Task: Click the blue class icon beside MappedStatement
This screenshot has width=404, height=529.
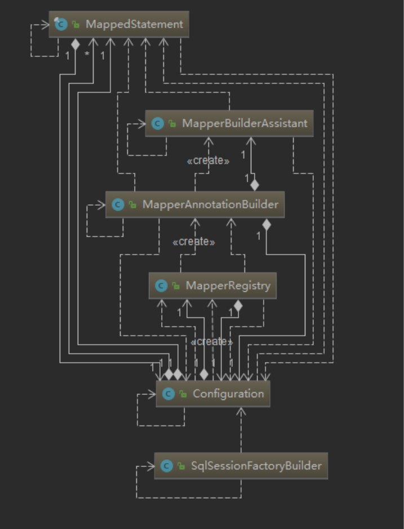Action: point(61,24)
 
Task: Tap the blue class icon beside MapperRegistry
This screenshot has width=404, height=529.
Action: point(161,286)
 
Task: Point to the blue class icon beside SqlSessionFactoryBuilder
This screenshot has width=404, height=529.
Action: point(166,466)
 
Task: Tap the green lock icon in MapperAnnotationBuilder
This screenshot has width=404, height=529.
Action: point(132,205)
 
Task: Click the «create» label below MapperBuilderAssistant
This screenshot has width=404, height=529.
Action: point(208,161)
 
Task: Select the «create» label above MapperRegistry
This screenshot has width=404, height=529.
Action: point(194,242)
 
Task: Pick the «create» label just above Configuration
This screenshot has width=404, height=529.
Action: point(211,342)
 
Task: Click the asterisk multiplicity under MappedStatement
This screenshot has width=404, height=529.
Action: point(87,54)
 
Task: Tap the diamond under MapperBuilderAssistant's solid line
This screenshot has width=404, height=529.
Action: point(254,184)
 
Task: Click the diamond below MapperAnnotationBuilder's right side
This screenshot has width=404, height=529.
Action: point(267,225)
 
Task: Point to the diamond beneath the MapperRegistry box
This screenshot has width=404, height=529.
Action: point(238,306)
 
